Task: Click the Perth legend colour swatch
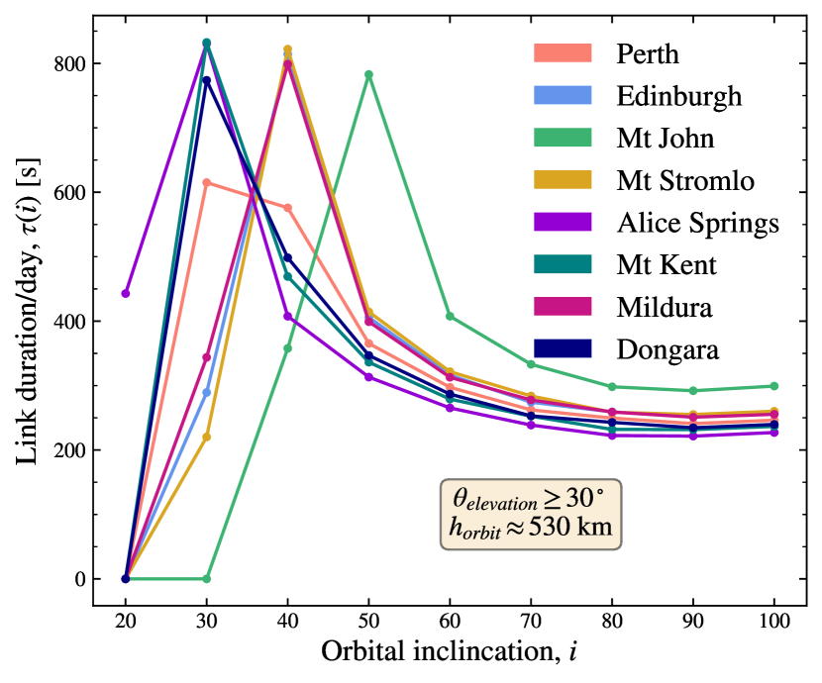[x=562, y=53]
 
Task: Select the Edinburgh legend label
[x=678, y=96]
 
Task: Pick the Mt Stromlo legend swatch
[x=562, y=180]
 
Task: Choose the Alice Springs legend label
[x=697, y=223]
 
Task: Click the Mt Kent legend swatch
[x=562, y=264]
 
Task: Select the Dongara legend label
[x=666, y=348]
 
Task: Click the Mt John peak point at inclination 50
[x=368, y=74]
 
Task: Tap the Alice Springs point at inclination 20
[x=125, y=293]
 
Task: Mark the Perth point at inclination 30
[x=206, y=182]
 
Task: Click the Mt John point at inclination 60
[x=450, y=317]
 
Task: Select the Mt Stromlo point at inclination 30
[x=206, y=437]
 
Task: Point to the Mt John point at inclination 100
[x=774, y=386]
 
